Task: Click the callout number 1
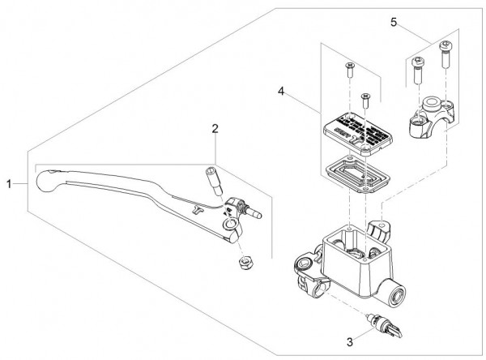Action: (x=9, y=185)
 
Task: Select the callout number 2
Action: (x=215, y=128)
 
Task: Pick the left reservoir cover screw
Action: (x=351, y=69)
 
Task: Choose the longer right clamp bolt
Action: (x=445, y=55)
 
